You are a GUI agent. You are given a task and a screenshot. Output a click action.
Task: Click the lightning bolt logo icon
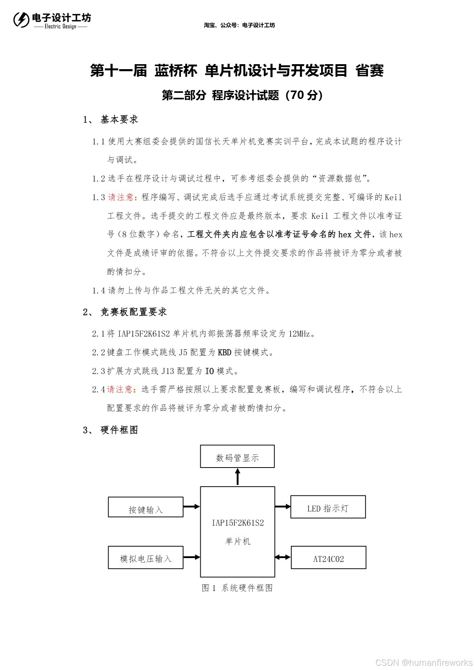21,20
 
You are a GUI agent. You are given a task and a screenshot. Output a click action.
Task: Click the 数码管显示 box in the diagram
237,456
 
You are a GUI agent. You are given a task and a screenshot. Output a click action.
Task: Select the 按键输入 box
146,507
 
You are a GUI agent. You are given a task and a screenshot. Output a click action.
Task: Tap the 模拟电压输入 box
146,558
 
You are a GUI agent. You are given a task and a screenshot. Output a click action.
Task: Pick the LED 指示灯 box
328,507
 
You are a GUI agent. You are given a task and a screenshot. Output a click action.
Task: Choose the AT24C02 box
328,558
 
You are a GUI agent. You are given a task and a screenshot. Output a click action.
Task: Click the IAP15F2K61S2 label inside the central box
238,523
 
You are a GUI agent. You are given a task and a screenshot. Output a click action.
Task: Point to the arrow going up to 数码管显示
238,477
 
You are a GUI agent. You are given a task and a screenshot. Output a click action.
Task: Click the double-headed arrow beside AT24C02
283,557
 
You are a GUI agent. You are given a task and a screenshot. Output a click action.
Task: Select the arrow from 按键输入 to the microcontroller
192,507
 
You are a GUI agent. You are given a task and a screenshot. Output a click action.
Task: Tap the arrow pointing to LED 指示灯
283,507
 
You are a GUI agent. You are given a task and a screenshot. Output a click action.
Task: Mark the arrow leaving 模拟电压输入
192,557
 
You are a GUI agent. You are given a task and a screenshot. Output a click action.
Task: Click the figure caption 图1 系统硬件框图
237,588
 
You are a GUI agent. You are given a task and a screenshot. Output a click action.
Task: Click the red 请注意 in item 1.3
120,197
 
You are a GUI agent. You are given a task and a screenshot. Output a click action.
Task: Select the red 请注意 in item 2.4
120,389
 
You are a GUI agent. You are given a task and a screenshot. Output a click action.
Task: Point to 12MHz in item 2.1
299,334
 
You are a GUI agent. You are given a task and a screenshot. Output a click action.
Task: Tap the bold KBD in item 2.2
224,352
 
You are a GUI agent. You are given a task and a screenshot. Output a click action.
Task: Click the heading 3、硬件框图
110,430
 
